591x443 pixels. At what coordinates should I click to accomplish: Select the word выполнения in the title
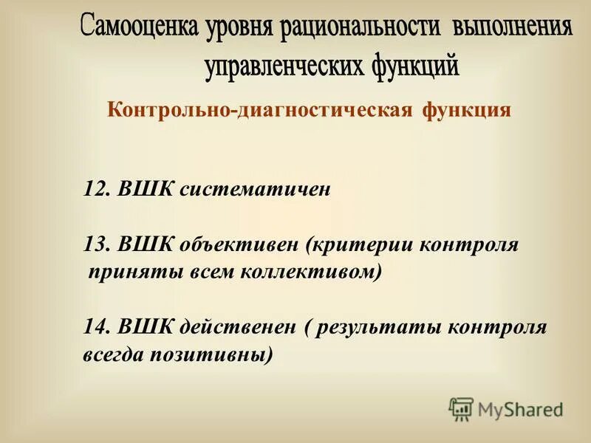tap(512, 29)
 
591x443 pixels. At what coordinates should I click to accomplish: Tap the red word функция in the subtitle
tap(467, 111)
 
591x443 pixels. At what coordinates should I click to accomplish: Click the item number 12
tap(95, 189)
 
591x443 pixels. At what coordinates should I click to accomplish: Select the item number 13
tap(95, 244)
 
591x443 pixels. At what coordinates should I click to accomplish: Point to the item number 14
tap(95, 327)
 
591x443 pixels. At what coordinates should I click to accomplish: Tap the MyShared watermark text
tap(520, 408)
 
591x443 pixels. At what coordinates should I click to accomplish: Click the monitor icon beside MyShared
tap(461, 408)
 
